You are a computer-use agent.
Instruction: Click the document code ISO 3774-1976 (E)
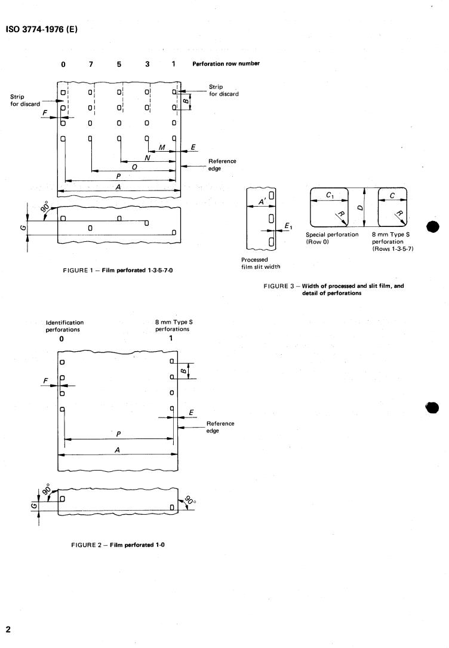(42, 29)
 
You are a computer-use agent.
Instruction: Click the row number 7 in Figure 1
(91, 64)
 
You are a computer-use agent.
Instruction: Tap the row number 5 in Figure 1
(119, 64)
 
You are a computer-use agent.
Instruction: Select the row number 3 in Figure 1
(147, 64)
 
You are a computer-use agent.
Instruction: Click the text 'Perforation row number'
(226, 64)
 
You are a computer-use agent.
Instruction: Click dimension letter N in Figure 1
(147, 157)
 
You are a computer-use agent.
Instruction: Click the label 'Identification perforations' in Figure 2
(64, 325)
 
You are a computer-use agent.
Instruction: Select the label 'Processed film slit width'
(260, 263)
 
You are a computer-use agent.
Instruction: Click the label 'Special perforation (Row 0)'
(332, 238)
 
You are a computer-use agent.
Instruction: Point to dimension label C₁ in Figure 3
(330, 195)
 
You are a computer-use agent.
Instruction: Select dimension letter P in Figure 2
(118, 434)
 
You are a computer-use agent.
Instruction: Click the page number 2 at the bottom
(8, 629)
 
